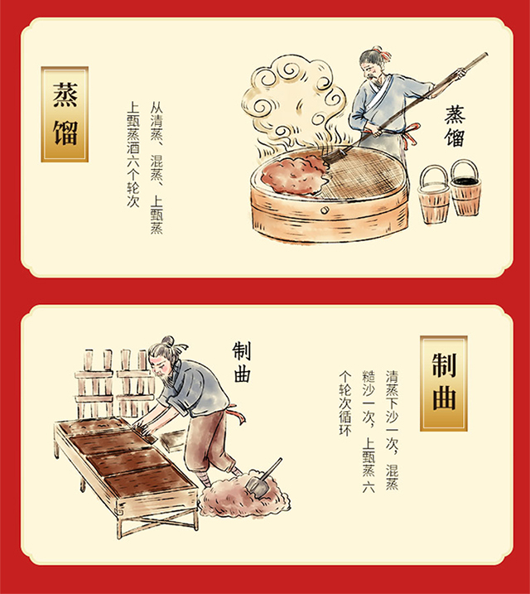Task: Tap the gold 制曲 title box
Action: pyautogui.click(x=443, y=383)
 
